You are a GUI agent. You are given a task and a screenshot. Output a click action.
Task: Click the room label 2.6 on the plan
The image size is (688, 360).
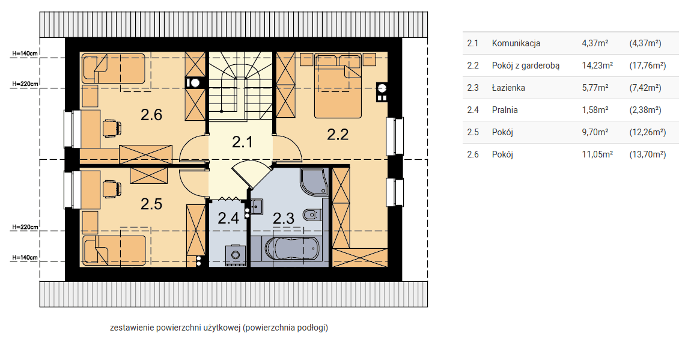pos(151,115)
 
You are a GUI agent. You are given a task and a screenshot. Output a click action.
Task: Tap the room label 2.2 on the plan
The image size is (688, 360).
pos(338,135)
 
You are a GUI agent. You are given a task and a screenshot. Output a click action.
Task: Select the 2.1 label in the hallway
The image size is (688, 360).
pos(242,142)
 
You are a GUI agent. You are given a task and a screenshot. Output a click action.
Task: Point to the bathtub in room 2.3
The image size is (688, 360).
pos(293,249)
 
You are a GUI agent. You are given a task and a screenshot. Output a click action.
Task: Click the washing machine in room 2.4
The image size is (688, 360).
pos(236,255)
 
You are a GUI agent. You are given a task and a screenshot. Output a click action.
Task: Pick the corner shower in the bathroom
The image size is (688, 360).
pos(314,182)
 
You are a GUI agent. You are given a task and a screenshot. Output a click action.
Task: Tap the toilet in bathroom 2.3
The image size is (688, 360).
pos(312,215)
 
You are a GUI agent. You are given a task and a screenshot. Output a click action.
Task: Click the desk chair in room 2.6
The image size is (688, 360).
pos(112,128)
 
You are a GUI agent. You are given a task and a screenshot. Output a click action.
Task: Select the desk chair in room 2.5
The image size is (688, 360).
pos(112,189)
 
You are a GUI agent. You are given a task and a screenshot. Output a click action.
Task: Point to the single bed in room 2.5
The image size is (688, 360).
pos(114,251)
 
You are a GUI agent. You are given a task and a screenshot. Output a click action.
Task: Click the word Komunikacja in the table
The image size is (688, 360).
pos(516,43)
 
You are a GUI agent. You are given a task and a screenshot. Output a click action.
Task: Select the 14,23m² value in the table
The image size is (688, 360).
pos(597,66)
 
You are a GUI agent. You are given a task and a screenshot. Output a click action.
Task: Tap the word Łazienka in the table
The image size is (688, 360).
pos(508,88)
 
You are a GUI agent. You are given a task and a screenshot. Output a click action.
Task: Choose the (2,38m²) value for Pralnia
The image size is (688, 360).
pos(645,110)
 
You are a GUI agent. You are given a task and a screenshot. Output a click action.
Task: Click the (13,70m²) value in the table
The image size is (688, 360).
pos(648,154)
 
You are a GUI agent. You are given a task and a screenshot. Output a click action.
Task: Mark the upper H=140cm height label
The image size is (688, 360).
pos(25,53)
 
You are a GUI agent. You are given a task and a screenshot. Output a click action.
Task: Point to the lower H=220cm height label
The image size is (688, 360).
pos(25,227)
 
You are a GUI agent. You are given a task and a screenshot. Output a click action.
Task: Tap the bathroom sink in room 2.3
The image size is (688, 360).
pos(256,207)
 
